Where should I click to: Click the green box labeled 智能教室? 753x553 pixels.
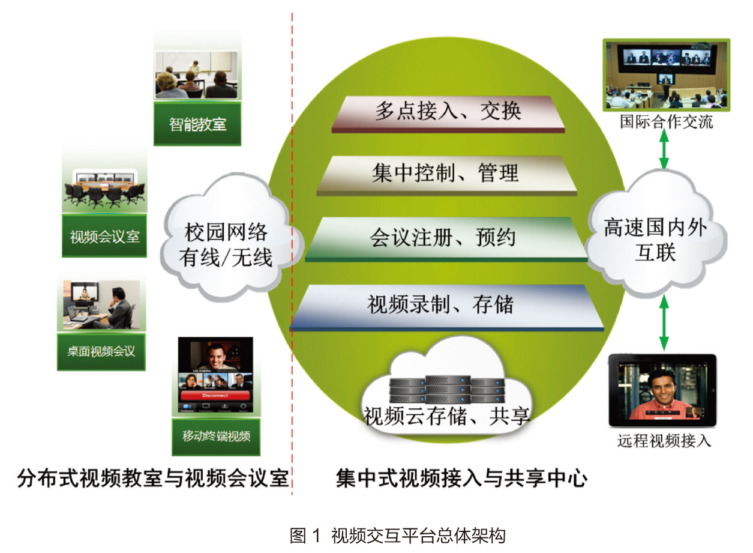(x=197, y=124)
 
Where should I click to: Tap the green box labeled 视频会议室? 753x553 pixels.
(x=104, y=236)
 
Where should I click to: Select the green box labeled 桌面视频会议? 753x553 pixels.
(x=101, y=352)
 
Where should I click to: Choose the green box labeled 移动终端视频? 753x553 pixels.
(x=216, y=437)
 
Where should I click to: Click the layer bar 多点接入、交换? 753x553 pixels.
(x=448, y=114)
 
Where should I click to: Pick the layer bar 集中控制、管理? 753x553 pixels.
(x=446, y=175)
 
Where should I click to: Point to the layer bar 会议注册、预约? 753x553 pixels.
(x=446, y=240)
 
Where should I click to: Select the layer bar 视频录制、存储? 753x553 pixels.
(x=447, y=308)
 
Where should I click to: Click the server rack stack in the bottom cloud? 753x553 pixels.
(x=447, y=390)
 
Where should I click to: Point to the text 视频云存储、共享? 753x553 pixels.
(x=447, y=416)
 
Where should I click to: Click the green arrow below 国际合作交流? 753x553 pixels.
(x=664, y=148)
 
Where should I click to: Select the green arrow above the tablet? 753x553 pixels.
(x=664, y=322)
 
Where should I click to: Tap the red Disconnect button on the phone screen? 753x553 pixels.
(x=215, y=396)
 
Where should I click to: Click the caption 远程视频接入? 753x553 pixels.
(x=664, y=441)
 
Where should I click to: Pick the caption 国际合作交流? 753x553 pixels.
(x=666, y=121)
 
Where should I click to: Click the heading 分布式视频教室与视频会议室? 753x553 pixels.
(x=153, y=479)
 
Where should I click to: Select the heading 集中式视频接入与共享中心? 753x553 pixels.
(x=461, y=479)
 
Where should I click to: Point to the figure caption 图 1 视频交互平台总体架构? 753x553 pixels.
(x=398, y=536)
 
